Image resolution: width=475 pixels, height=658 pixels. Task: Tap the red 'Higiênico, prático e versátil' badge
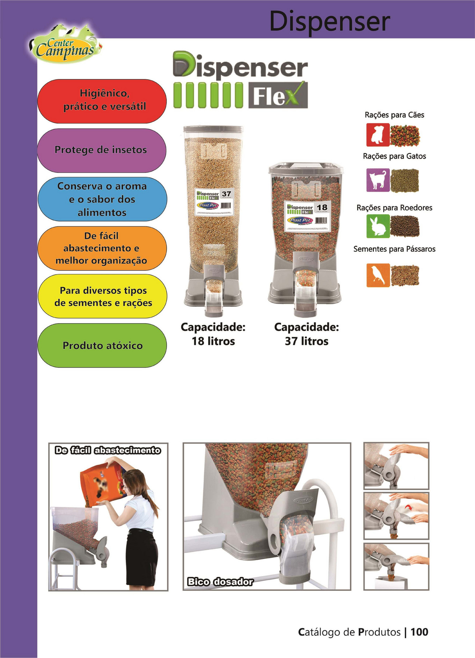tap(102, 101)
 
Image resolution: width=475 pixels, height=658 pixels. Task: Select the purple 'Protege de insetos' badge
tap(101, 150)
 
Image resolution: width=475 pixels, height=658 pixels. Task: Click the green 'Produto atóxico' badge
tap(102, 345)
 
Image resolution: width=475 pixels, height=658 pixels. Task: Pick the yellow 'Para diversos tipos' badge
tap(102, 296)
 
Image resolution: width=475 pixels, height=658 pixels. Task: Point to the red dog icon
tap(378, 135)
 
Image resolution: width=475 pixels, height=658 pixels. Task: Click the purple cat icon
tap(378, 180)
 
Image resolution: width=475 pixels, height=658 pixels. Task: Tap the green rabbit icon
tap(378, 226)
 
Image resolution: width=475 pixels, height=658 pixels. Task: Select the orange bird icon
tap(378, 275)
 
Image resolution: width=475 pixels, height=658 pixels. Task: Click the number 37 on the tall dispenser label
tap(226, 194)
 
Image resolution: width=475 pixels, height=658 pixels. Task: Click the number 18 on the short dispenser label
tap(322, 207)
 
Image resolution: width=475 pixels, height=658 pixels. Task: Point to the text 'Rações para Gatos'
tap(394, 156)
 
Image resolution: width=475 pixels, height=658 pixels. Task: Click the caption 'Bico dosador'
tap(220, 581)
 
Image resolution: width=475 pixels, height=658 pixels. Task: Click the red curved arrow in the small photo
tap(408, 508)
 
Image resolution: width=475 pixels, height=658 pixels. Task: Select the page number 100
tap(419, 632)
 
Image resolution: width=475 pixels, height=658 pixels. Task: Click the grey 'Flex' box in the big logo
tap(278, 95)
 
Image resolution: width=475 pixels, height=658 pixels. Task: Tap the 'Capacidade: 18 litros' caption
tap(213, 334)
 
